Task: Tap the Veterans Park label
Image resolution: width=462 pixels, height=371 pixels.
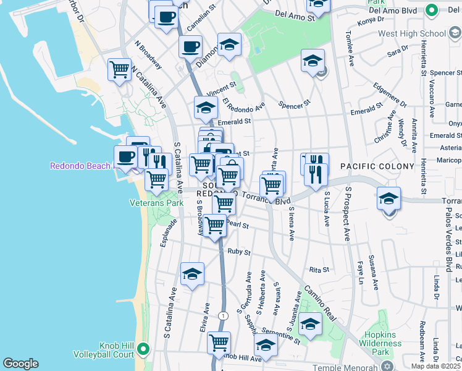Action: coord(156,202)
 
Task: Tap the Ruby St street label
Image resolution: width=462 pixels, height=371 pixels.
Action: coord(238,252)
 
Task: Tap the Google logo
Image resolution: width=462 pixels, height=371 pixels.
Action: coord(20,364)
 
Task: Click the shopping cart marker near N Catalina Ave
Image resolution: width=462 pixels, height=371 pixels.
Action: coord(119,69)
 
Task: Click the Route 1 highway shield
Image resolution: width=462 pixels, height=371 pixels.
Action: coord(223,315)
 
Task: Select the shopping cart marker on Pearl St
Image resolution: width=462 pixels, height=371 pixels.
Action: coord(215,224)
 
